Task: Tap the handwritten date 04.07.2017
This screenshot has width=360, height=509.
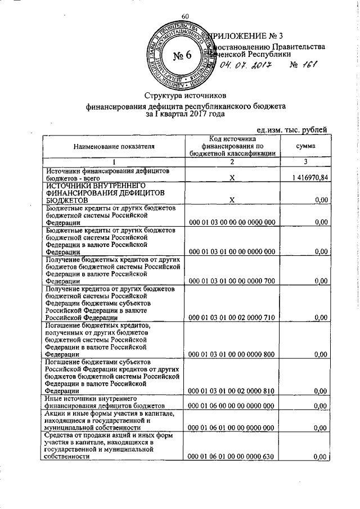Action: [246, 67]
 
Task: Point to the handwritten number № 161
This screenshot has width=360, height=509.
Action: [304, 67]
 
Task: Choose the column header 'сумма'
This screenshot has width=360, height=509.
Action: [304, 146]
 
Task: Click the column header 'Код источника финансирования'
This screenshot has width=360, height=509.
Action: [231, 146]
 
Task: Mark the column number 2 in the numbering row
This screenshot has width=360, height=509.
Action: [231, 162]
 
